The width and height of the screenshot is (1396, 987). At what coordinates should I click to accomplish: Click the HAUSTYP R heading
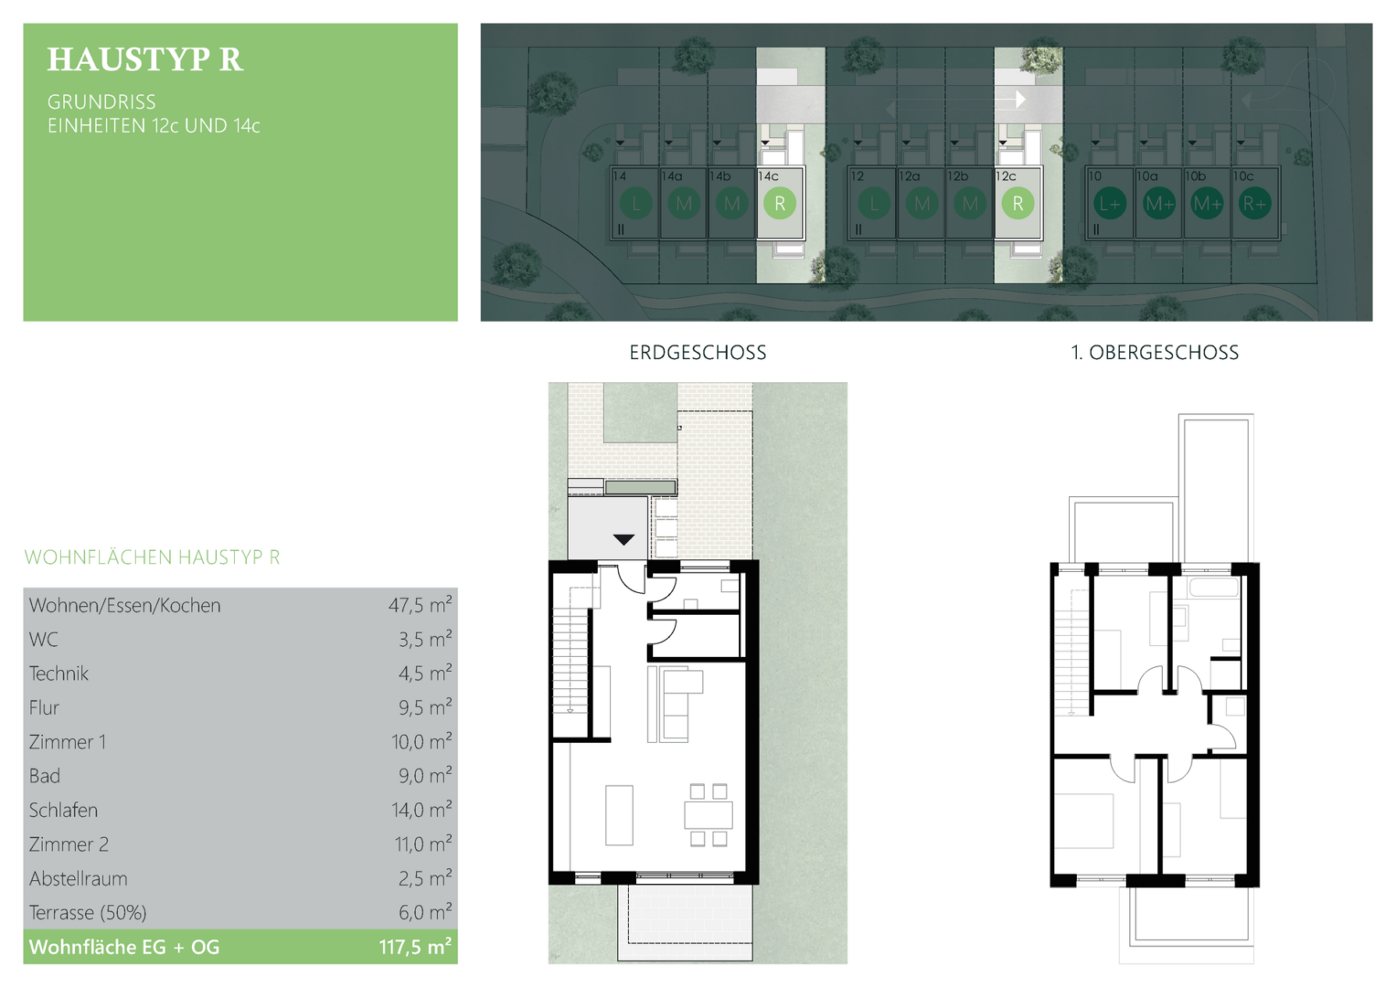click(x=145, y=59)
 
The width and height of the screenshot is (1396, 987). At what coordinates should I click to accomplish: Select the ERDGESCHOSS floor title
click(x=698, y=353)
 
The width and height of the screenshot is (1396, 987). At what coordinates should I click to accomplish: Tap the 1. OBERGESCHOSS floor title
click(x=1155, y=353)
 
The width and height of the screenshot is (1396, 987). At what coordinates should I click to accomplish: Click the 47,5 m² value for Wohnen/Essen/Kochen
click(x=420, y=604)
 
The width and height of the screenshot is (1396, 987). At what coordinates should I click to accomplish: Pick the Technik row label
click(x=59, y=674)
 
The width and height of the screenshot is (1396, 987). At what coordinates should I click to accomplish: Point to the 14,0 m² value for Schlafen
click(x=421, y=810)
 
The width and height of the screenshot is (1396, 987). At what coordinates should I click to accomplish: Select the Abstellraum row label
click(x=78, y=878)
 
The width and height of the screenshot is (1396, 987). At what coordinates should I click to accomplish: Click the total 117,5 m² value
click(x=415, y=947)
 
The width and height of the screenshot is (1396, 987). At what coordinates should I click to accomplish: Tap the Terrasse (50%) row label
click(x=88, y=913)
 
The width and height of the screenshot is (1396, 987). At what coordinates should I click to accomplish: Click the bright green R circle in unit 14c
click(x=780, y=203)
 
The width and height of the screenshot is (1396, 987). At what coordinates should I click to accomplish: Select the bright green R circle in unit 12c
click(x=1018, y=203)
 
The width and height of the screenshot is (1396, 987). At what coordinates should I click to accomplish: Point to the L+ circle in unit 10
click(x=1110, y=204)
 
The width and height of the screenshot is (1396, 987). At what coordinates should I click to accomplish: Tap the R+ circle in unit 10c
click(x=1254, y=204)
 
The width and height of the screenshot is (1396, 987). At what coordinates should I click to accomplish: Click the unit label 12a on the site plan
click(x=909, y=176)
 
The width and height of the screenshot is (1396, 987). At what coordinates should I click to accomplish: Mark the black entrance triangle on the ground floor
click(x=623, y=539)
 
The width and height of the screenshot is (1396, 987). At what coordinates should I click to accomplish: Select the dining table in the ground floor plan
click(x=708, y=815)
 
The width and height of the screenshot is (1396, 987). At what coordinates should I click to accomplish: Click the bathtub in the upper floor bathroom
click(x=1213, y=587)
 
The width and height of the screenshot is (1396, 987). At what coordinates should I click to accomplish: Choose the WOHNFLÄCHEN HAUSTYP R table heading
click(x=152, y=557)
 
